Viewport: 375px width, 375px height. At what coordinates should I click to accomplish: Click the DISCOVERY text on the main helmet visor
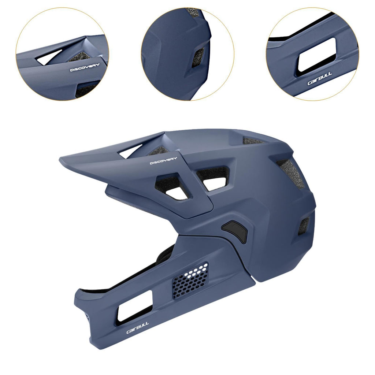coord(163,160)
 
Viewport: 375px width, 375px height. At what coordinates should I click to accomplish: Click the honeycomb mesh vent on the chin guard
coord(190,280)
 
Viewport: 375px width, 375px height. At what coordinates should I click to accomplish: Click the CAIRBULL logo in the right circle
coord(319,79)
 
